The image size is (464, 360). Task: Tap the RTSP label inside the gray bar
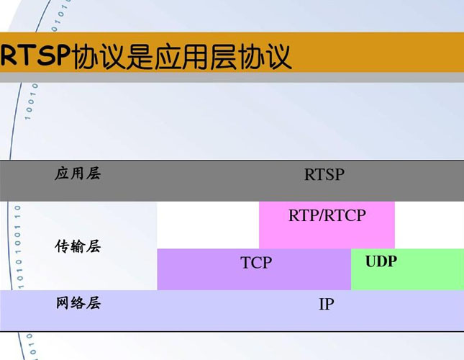click(x=324, y=174)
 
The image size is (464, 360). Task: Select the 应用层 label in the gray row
click(x=78, y=174)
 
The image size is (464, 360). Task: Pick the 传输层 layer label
click(x=78, y=246)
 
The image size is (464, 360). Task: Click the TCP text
click(x=256, y=263)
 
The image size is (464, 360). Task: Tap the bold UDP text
click(x=381, y=261)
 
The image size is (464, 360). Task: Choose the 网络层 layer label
click(x=78, y=302)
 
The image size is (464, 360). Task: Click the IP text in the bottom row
click(x=326, y=304)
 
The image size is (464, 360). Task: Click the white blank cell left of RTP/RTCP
click(x=207, y=225)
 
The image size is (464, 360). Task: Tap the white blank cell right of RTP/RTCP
click(x=429, y=225)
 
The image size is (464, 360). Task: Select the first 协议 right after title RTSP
click(x=97, y=56)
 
